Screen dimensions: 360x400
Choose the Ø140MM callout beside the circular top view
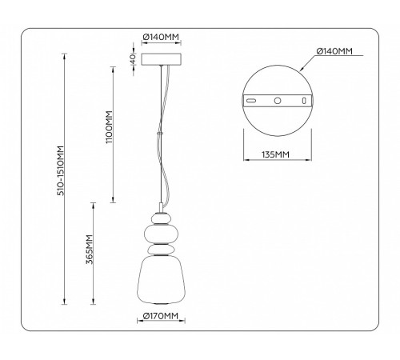click(334, 51)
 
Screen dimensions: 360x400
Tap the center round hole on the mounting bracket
click(276, 102)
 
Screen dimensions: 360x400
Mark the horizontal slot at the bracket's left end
click(250, 102)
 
